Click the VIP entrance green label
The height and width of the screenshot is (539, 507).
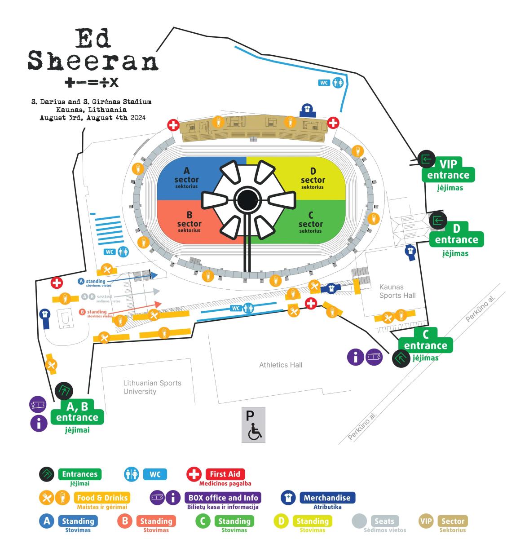pos(448,170)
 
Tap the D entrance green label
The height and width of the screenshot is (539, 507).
pos(457,234)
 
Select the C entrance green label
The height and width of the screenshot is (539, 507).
pos(426,340)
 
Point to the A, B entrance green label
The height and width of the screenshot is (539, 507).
pos(77,412)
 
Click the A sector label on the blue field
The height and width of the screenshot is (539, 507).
pos(186,178)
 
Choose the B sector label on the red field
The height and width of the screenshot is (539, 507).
pos(189,222)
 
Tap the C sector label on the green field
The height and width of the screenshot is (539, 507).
pos(310,222)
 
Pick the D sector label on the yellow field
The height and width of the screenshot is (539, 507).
pos(313,178)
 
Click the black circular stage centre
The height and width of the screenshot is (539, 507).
pos(247,200)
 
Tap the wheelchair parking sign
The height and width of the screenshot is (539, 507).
pos(253,425)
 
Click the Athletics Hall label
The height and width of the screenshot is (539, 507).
pos(281,365)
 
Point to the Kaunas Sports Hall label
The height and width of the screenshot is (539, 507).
pos(397,291)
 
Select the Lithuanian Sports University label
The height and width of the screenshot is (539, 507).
pos(152,387)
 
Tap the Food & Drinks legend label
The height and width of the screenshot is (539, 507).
pos(102,498)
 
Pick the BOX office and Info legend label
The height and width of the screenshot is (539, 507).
pos(223,498)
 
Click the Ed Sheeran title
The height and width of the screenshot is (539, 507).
pos(93,49)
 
